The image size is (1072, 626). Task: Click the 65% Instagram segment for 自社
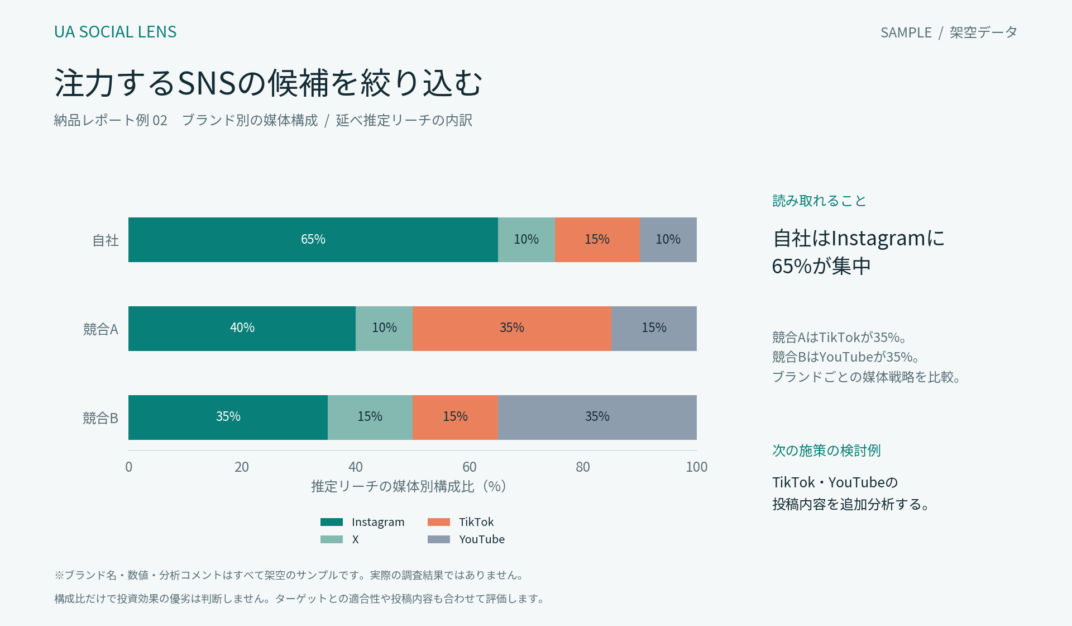coord(313,240)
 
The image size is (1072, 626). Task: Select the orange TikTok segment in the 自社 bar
coord(597,240)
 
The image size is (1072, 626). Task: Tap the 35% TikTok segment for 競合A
coord(512,329)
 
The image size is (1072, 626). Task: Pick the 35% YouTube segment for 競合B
coord(597,418)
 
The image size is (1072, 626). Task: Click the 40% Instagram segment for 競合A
coord(242,329)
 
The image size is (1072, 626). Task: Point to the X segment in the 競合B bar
coord(370,418)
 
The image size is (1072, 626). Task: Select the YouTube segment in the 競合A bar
coord(654,329)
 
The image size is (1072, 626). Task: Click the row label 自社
coord(106,240)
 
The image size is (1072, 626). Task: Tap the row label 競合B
coord(100,418)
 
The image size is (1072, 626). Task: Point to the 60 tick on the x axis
coord(470,467)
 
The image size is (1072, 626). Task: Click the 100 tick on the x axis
coord(696,467)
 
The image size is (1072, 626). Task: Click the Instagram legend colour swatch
coord(332,522)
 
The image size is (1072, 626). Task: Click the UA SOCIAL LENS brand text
coord(116,32)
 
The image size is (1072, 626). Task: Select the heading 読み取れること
coord(819,201)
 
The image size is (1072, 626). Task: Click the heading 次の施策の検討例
coord(826,450)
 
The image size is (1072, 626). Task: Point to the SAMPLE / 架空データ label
coord(949,32)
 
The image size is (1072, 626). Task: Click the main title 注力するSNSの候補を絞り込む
coord(268,83)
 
